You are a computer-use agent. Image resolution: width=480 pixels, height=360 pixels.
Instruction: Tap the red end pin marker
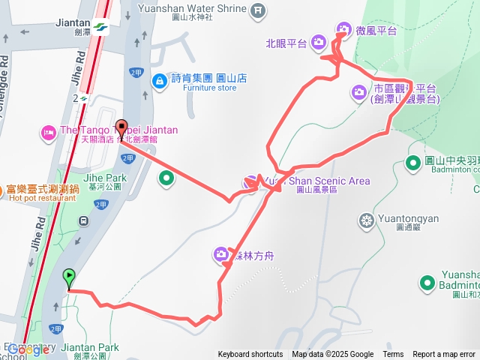pos(121,127)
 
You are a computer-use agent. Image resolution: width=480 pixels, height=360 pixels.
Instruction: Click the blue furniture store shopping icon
pos(158,79)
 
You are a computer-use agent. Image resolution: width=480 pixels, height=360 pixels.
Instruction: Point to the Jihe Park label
pos(103,178)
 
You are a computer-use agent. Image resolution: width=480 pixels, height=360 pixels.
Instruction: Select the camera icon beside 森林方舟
pos(221,254)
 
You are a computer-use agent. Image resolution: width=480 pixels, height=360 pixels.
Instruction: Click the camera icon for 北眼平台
pos(318,42)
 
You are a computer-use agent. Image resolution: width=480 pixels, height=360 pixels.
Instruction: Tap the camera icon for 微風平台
pos(343,30)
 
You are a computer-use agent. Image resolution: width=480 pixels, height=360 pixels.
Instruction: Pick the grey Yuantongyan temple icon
pos(367,220)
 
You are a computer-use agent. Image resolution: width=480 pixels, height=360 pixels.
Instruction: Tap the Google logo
pos(28,349)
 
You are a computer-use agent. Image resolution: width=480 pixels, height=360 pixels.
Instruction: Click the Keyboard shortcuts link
pos(250,355)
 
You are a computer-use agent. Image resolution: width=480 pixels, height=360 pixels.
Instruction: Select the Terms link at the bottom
pos(393,355)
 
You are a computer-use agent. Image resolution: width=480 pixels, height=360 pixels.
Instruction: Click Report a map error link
pos(444,355)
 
